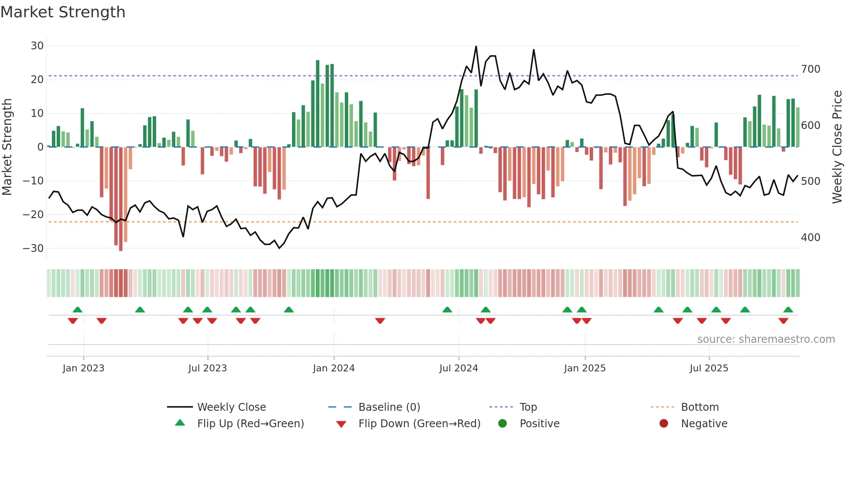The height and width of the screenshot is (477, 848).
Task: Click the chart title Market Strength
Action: click(x=63, y=12)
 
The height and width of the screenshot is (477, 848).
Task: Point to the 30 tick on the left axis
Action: click(x=37, y=46)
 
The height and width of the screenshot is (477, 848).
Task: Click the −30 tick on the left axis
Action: click(x=33, y=248)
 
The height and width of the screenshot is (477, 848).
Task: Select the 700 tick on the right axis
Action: click(x=810, y=69)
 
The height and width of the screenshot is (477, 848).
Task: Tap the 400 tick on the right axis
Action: click(x=810, y=238)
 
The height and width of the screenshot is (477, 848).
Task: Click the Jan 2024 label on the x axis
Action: click(x=334, y=368)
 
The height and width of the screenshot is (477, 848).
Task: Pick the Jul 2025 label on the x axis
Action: click(x=709, y=368)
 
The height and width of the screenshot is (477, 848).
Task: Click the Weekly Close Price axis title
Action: click(x=837, y=147)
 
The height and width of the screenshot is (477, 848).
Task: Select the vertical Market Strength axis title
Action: click(x=7, y=147)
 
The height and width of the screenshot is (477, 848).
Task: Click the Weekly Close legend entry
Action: click(x=231, y=407)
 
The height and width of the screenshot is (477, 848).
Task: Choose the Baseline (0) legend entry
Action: click(x=389, y=407)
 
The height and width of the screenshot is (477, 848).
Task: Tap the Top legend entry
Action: click(x=528, y=407)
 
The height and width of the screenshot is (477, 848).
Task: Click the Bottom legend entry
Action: click(x=700, y=407)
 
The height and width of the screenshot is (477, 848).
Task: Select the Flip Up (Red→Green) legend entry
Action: click(x=250, y=424)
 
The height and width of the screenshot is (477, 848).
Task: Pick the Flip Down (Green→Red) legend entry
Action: click(x=419, y=424)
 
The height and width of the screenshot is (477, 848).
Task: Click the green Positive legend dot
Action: click(x=502, y=424)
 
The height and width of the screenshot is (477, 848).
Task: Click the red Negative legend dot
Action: click(x=664, y=424)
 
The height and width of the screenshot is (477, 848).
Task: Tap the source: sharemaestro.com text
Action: click(x=766, y=339)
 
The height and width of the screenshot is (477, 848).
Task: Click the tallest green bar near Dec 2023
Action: click(x=318, y=104)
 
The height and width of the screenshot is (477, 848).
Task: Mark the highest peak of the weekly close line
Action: click(x=476, y=47)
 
